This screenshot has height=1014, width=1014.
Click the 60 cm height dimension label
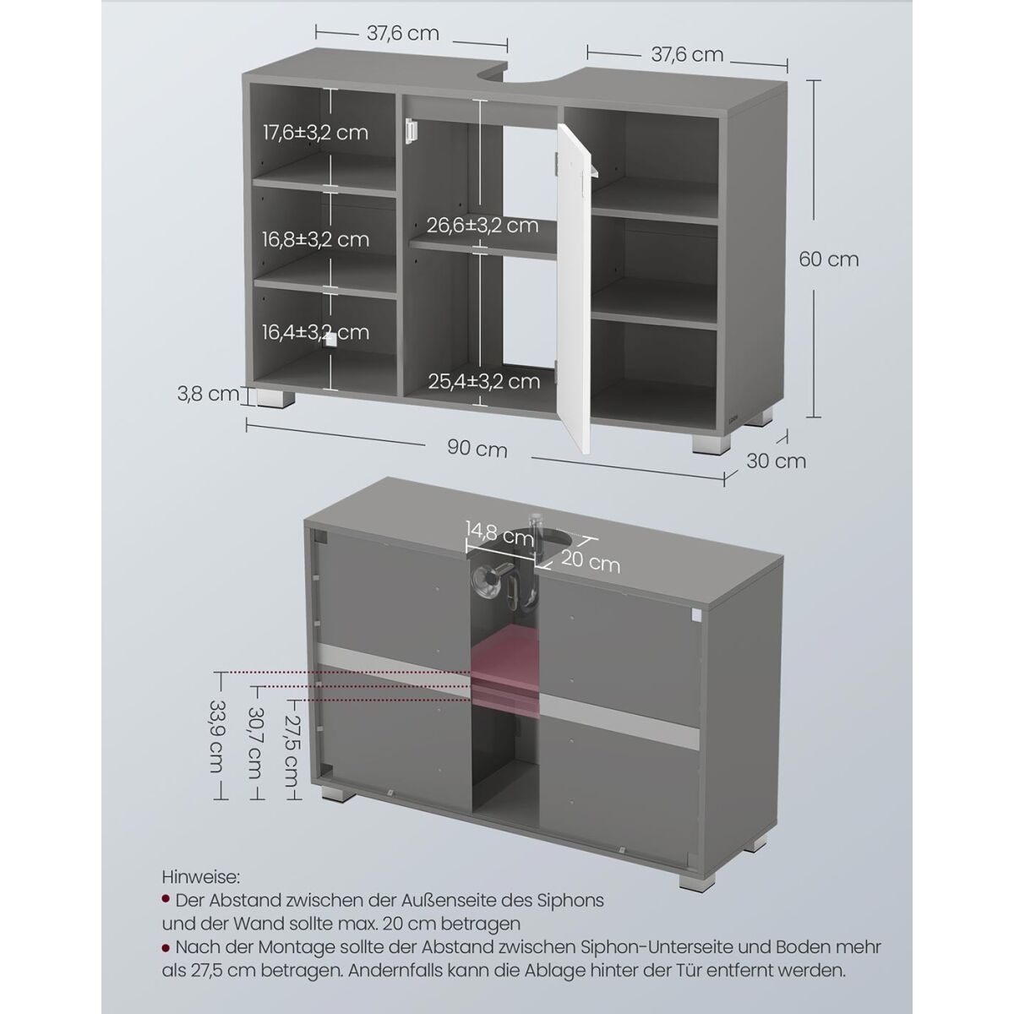point(828,259)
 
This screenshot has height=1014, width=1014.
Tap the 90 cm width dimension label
point(477,449)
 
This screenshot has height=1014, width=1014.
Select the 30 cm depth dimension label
point(776,461)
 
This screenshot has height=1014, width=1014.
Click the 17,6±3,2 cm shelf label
point(315,132)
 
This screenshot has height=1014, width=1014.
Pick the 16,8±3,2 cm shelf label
point(316,239)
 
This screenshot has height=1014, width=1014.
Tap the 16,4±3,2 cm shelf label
point(316,332)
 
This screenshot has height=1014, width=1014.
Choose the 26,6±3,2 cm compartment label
point(482,226)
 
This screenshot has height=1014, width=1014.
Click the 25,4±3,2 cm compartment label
point(483,381)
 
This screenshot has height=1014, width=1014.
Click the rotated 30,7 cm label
point(255,743)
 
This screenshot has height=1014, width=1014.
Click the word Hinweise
point(201,877)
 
